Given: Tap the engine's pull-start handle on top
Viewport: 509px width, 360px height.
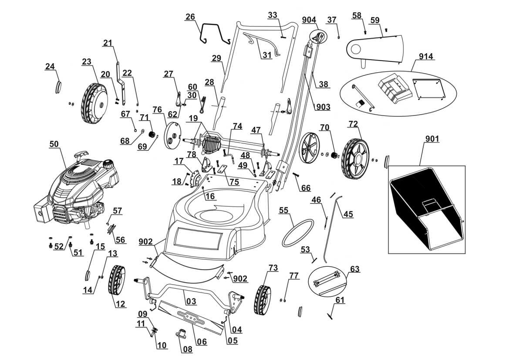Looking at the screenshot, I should pos(81,155).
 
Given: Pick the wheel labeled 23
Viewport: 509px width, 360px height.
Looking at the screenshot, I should pos(94,103).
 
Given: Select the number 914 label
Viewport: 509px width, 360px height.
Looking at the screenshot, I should pos(426,57).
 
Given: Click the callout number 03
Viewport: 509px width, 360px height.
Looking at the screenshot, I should pos(191,301).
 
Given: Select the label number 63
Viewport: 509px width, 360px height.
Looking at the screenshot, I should pos(354,269).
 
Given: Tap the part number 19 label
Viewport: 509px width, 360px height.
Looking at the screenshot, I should pos(193,118).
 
